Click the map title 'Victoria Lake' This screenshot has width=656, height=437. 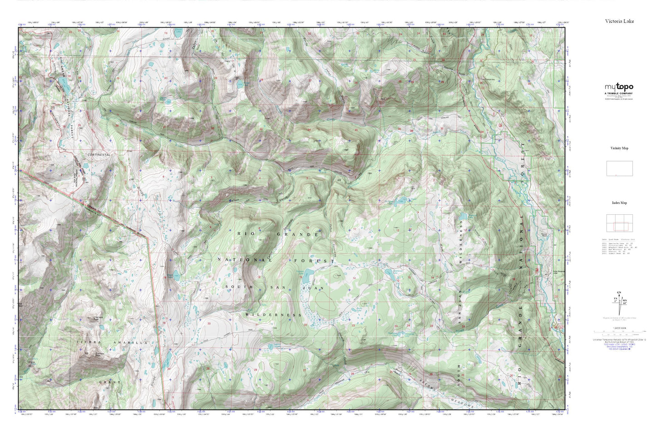click(x=619, y=21)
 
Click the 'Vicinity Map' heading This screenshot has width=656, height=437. click(x=619, y=148)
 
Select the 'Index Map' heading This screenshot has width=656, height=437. click(x=619, y=203)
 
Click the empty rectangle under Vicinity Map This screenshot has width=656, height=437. click(x=619, y=168)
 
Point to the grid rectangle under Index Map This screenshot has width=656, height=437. click(x=619, y=223)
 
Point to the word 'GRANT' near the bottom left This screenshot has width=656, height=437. click(x=110, y=383)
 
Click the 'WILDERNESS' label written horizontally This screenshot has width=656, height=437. click(x=273, y=314)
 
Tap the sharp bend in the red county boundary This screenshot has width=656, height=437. click(x=148, y=236)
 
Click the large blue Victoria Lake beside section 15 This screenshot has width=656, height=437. click(x=306, y=275)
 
